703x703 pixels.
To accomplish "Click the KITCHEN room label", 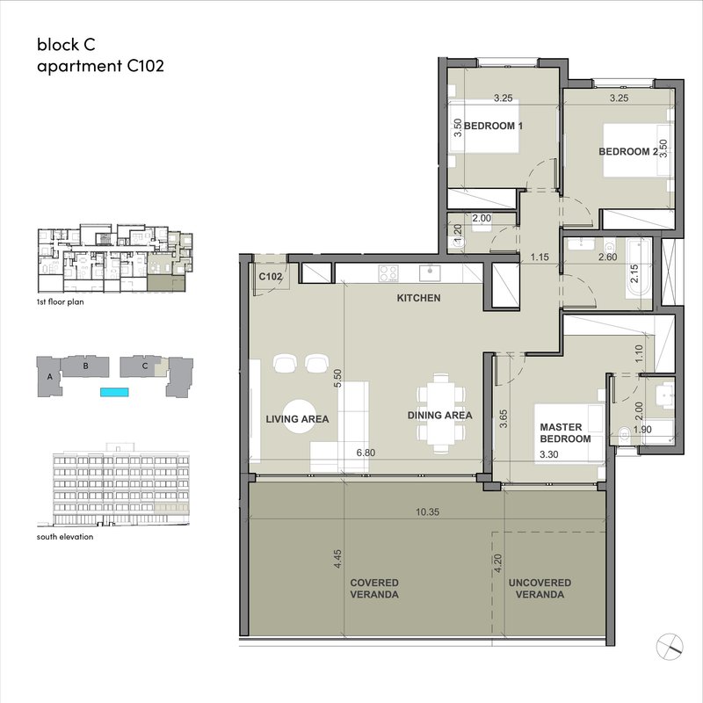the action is click(x=418, y=298).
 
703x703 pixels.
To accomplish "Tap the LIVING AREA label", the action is click(x=297, y=419).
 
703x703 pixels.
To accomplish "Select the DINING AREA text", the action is click(x=440, y=416).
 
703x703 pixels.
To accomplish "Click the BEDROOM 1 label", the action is click(x=493, y=126).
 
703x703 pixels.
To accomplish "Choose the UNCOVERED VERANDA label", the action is click(x=540, y=589).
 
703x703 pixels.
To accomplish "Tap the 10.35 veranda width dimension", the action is click(x=427, y=512).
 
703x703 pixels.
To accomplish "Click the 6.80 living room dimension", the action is click(x=366, y=453).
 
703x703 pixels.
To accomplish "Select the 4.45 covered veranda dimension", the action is click(x=338, y=559).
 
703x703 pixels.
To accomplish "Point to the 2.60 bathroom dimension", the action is click(x=607, y=257).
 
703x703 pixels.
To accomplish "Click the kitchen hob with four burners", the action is click(x=388, y=273).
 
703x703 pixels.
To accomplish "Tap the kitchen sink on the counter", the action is click(x=430, y=272).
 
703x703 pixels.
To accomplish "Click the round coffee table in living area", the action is click(x=299, y=417).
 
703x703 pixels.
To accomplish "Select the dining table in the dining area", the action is click(x=441, y=414).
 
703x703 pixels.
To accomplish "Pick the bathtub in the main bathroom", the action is click(x=639, y=268).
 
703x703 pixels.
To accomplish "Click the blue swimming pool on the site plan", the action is click(x=114, y=392).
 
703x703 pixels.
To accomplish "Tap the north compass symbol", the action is click(x=670, y=647).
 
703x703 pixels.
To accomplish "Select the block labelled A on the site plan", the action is click(x=50, y=377).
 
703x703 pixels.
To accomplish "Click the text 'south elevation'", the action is click(x=65, y=537).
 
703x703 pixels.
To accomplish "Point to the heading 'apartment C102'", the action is click(x=100, y=66).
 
